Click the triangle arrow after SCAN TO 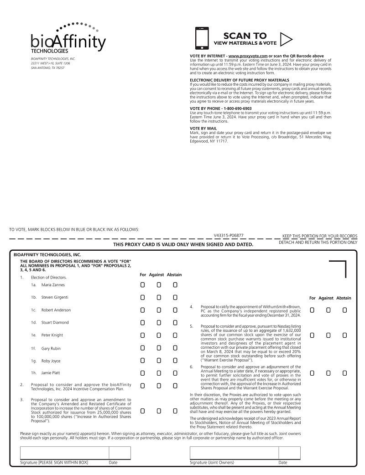coord(286,39)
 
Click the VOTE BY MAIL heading coord(203,129)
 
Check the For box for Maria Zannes coord(142,285)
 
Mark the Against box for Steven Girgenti coord(159,298)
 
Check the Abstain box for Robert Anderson coord(175,310)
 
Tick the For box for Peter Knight coord(142,335)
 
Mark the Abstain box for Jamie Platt coord(175,373)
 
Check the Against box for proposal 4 coord(328,310)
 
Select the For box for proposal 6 coord(312,373)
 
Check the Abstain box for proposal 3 coord(175,411)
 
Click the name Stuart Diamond coord(55,322)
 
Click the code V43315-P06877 coord(229,236)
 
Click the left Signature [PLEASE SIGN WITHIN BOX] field coord(64,453)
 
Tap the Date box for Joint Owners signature coord(292,453)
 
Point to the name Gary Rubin coord(51,348)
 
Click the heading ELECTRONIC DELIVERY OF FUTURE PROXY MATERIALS coord(239,80)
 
